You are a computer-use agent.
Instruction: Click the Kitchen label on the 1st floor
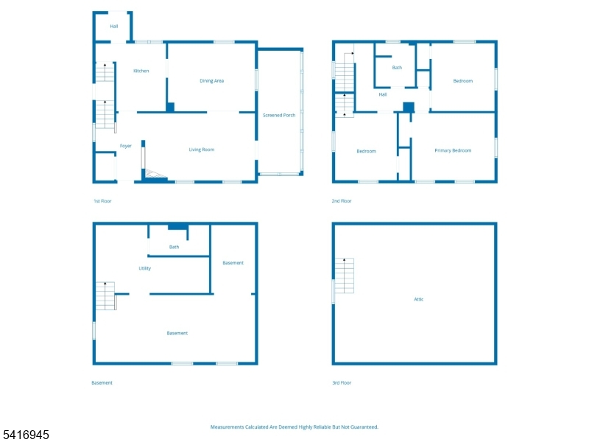pos(141,71)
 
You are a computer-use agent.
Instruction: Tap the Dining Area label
pos(212,80)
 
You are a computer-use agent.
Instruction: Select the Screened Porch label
pos(279,115)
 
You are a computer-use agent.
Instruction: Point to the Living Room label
pos(202,150)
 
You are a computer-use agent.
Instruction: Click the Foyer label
pos(126,146)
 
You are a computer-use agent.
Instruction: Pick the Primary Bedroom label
pos(453,150)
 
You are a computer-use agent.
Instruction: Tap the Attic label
pos(419,299)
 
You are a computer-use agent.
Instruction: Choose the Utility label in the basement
pos(145,268)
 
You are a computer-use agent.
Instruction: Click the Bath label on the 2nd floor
pos(397,68)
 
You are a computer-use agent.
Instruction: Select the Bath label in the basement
pos(174,247)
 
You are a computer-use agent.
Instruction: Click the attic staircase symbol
pos(344,276)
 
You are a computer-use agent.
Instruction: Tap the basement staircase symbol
pos(105,296)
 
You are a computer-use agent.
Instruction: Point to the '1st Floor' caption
pos(102,201)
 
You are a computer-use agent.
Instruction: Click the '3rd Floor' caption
pos(342,382)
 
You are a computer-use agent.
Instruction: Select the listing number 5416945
pos(26,435)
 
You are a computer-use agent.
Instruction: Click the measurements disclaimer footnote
pos(294,427)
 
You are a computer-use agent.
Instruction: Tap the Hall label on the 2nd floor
pos(383,94)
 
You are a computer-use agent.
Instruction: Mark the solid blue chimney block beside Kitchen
pos(170,107)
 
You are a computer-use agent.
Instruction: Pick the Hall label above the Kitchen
pos(114,27)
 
